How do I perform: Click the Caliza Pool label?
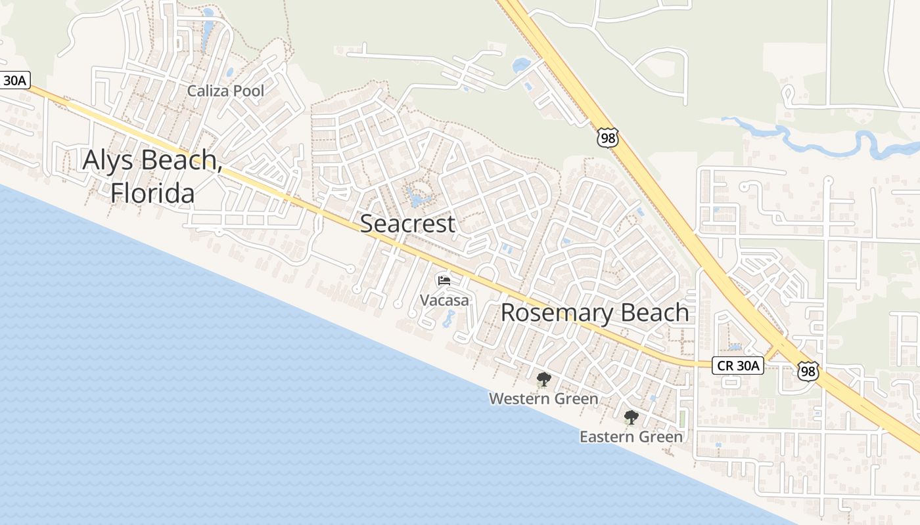[225, 91]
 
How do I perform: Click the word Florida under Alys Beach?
[152, 194]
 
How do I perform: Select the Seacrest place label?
[407, 224]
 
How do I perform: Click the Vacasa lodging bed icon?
[444, 281]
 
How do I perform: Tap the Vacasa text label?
[445, 301]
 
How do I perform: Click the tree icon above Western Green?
[543, 379]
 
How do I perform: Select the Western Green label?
[543, 398]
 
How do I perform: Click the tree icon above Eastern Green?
[631, 417]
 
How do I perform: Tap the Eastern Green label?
[631, 436]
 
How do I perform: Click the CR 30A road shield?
[738, 366]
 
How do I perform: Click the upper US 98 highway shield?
[607, 137]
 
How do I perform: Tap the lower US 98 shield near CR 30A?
[808, 371]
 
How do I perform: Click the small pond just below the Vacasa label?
[448, 320]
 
